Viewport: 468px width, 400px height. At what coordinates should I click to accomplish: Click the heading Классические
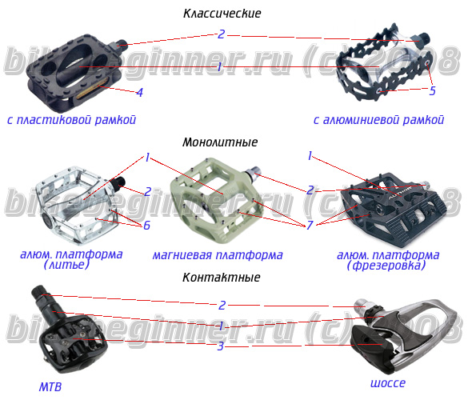pyautogui.click(x=222, y=14)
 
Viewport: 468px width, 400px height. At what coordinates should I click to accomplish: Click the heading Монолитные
pyautogui.click(x=220, y=142)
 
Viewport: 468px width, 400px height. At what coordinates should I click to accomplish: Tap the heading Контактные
pyautogui.click(x=221, y=278)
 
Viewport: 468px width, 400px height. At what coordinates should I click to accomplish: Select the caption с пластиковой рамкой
pyautogui.click(x=72, y=120)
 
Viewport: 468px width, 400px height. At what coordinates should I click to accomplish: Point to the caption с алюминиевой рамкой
pyautogui.click(x=378, y=120)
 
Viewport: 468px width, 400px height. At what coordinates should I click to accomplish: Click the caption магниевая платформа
pyautogui.click(x=218, y=255)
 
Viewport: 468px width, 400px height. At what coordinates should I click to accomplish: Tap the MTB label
pyautogui.click(x=50, y=387)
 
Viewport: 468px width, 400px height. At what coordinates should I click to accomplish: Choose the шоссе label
pyautogui.click(x=388, y=383)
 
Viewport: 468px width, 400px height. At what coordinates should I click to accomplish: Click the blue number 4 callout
pyautogui.click(x=139, y=93)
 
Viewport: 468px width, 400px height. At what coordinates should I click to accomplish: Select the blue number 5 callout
pyautogui.click(x=433, y=90)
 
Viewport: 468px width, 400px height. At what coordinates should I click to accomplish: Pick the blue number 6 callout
pyautogui.click(x=146, y=226)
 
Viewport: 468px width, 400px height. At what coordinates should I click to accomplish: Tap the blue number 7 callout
pyautogui.click(x=310, y=225)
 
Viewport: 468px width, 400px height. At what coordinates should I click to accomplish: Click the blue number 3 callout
pyautogui.click(x=220, y=346)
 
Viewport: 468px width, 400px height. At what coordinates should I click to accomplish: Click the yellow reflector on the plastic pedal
pyautogui.click(x=90, y=92)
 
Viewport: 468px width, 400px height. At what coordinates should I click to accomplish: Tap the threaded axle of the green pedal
pyautogui.click(x=254, y=174)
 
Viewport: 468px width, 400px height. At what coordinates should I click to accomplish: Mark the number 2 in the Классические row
pyautogui.click(x=221, y=34)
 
